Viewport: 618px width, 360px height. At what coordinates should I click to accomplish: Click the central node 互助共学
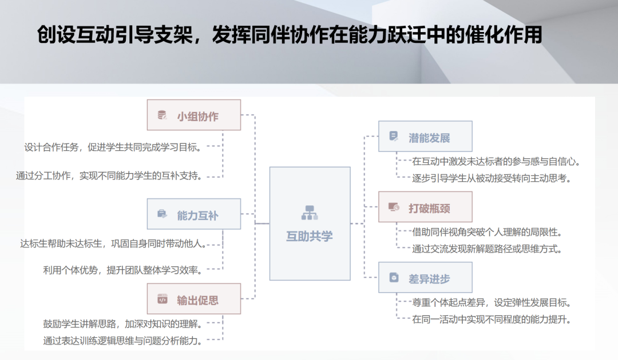point(310,223)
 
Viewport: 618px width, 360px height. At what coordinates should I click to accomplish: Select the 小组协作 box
point(193,115)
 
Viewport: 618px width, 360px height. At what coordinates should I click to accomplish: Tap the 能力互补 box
point(193,214)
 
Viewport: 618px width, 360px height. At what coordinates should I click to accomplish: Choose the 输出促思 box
point(193,299)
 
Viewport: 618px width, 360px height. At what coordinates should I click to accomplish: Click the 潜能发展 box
point(425,136)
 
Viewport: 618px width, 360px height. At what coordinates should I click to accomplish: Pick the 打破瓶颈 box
point(425,207)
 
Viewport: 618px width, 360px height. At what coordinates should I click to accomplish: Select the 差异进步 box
point(425,278)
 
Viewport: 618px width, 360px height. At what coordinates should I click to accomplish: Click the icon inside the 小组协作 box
point(162,115)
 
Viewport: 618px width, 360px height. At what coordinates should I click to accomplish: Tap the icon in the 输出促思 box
point(162,299)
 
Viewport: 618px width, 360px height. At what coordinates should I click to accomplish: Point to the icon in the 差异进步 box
point(394,278)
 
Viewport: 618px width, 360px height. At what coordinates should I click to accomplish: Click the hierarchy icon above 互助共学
point(309,213)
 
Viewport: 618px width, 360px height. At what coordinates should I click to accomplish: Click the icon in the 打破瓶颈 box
point(394,207)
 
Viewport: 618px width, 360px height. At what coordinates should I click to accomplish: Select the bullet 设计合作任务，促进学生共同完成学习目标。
point(113,147)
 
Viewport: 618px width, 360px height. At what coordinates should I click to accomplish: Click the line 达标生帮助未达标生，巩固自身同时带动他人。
point(113,244)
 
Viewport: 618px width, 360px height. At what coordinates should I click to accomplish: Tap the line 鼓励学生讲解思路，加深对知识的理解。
point(123,324)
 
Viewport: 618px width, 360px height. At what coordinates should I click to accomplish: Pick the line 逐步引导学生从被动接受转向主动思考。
point(492,178)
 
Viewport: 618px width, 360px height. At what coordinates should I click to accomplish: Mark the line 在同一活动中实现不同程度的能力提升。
point(492,319)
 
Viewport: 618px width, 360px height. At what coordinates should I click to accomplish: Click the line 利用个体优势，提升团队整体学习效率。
point(123,269)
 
